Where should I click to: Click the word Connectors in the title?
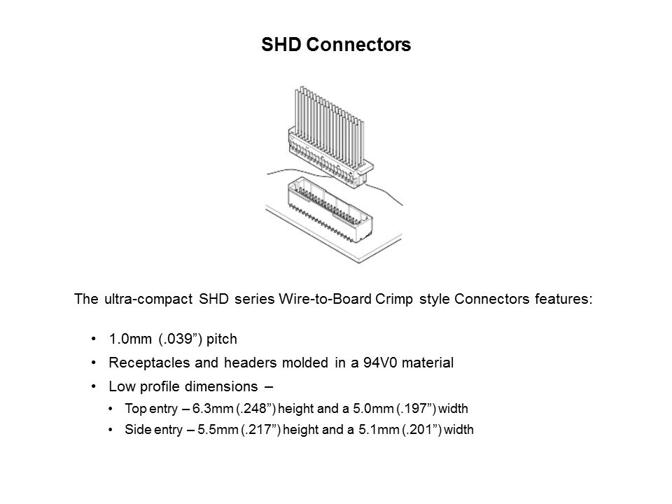pyautogui.click(x=358, y=45)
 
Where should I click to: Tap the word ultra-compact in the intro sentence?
pyautogui.click(x=148, y=299)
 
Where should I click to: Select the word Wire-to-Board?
pyautogui.click(x=325, y=298)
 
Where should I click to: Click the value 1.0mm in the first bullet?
pyautogui.click(x=130, y=339)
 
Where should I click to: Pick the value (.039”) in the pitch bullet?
pyautogui.click(x=180, y=339)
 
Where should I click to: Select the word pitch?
pyautogui.click(x=222, y=339)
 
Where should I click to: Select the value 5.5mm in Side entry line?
pyautogui.click(x=218, y=429)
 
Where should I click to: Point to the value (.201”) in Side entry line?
pyautogui.click(x=421, y=429)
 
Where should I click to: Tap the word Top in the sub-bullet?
pyautogui.click(x=134, y=409)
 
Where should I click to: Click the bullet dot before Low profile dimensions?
pyautogui.click(x=94, y=386)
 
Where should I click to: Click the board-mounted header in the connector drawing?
pyautogui.click(x=330, y=211)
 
